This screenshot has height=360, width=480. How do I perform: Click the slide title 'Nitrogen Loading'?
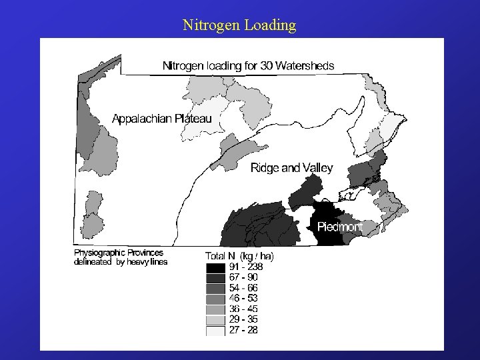[x=239, y=26]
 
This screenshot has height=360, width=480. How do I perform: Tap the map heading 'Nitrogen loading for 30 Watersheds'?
[x=249, y=65]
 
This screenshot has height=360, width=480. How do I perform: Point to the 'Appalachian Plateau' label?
[x=161, y=119]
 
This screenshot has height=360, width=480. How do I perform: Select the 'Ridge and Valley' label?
[x=291, y=168]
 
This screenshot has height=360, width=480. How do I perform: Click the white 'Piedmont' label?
[x=340, y=227]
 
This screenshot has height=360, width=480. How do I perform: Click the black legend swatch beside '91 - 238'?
[x=216, y=267]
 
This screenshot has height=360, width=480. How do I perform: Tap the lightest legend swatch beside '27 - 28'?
[x=216, y=329]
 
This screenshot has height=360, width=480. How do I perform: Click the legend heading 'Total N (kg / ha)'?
[x=239, y=256]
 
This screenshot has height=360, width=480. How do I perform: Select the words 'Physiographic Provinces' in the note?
[x=118, y=253]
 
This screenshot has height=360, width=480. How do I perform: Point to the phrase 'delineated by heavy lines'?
[x=120, y=262]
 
